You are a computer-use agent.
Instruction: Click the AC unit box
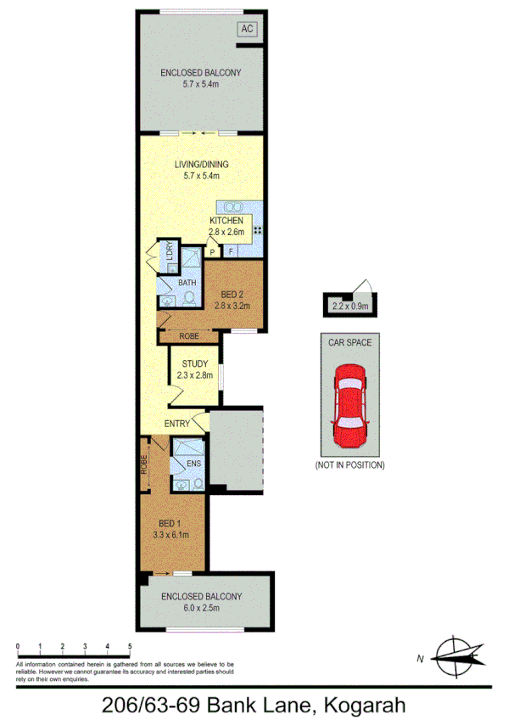click(x=247, y=30)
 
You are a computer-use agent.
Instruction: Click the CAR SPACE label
click(x=349, y=343)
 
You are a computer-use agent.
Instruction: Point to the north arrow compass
click(x=458, y=655)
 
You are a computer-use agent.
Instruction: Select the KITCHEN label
click(x=226, y=221)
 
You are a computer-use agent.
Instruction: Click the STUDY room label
click(x=194, y=364)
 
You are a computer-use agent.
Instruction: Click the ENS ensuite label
click(x=193, y=464)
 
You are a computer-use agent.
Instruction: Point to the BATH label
click(x=187, y=282)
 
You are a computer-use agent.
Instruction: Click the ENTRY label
click(x=176, y=423)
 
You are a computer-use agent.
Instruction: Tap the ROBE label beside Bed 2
click(x=189, y=337)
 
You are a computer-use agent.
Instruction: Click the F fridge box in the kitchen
click(x=230, y=252)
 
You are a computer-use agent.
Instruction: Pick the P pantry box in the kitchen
click(x=212, y=252)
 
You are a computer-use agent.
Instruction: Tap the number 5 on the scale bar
click(x=130, y=647)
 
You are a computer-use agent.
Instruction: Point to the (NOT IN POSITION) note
click(x=349, y=465)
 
